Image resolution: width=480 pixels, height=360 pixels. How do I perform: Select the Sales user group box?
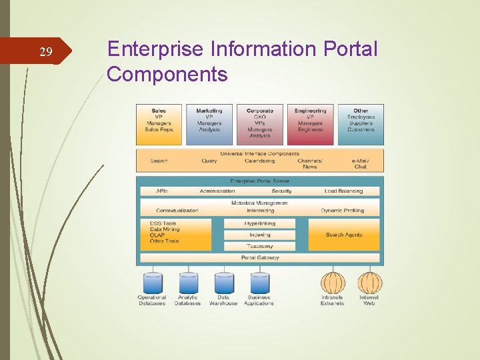[x=159, y=124]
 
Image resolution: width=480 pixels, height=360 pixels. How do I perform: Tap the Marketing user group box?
[x=209, y=124]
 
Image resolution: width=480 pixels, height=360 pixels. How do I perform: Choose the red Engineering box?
[x=310, y=124]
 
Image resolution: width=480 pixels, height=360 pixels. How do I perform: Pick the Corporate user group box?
[x=260, y=124]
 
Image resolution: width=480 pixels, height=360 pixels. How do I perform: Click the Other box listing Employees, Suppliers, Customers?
[x=361, y=124]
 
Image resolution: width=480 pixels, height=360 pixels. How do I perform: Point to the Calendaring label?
[x=259, y=161]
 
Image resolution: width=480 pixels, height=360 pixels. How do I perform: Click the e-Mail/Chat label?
[x=360, y=163]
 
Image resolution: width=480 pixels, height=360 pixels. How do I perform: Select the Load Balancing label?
[x=343, y=191]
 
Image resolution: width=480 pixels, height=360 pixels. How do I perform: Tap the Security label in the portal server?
[x=281, y=191]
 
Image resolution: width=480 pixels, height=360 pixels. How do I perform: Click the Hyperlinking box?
[x=259, y=224]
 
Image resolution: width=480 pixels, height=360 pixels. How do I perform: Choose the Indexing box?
[x=259, y=235]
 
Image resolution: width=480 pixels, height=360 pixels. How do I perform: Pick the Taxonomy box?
[x=259, y=246]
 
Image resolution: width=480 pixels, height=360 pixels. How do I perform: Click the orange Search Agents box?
[x=343, y=235]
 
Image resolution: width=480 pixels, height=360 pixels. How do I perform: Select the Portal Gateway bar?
[x=259, y=257]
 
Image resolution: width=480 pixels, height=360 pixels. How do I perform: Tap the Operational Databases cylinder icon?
[x=153, y=283]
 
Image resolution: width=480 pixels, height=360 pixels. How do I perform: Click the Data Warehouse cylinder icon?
[x=224, y=283]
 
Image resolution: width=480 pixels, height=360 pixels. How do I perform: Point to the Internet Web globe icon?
[x=369, y=283]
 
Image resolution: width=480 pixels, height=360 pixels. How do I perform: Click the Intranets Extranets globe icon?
[x=333, y=283]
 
